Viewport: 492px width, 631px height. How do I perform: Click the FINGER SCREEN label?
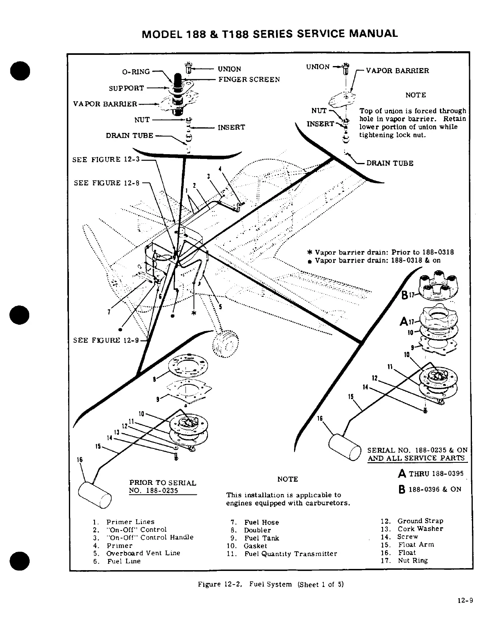(x=249, y=79)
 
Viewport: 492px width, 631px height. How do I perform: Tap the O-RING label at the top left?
(x=136, y=72)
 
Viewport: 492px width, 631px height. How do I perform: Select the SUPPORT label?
(x=126, y=88)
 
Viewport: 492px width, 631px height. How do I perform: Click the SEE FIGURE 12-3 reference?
(x=106, y=160)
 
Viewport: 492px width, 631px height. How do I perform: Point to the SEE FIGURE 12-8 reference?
(x=107, y=183)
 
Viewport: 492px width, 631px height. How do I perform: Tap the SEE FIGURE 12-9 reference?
(x=106, y=340)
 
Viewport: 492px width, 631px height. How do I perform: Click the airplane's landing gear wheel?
(x=226, y=343)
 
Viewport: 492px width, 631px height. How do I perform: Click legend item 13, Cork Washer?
(x=420, y=529)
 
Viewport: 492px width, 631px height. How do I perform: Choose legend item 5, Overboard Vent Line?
(x=143, y=553)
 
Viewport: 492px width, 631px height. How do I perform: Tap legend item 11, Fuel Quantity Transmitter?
(x=290, y=554)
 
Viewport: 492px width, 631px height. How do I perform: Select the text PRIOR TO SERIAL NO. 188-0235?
(x=162, y=487)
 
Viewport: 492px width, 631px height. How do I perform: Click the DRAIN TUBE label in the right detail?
(x=389, y=163)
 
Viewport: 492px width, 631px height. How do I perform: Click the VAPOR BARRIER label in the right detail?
(x=397, y=71)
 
